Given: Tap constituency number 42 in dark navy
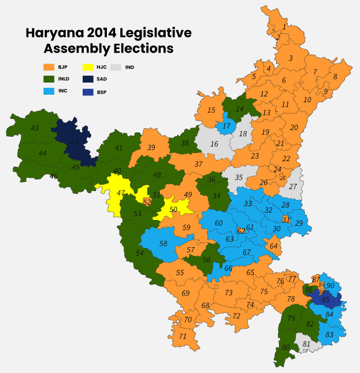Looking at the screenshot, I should click(74, 142).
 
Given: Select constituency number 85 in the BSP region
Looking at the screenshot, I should click(326, 300).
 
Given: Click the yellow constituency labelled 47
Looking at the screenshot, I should click(121, 193).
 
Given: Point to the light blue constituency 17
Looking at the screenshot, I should click(227, 126).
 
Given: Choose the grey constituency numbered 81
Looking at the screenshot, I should click(307, 344).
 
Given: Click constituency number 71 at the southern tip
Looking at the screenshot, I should click(183, 336).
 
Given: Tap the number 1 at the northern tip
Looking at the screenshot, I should click(284, 27).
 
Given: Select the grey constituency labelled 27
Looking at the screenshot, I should click(293, 186).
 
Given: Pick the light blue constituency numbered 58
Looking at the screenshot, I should click(164, 244).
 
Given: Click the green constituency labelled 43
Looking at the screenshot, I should click(35, 128).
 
